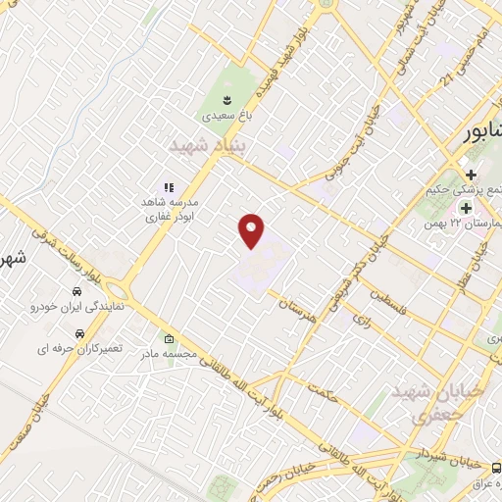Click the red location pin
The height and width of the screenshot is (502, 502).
point(252,230)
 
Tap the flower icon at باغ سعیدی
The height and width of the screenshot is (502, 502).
point(227,99)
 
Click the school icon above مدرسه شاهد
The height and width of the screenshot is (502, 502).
point(168,186)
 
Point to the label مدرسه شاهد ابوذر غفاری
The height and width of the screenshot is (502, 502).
point(168,209)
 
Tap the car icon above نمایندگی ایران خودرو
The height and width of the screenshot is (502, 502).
point(75,292)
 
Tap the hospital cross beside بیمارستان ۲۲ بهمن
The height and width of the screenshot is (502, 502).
point(468,209)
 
